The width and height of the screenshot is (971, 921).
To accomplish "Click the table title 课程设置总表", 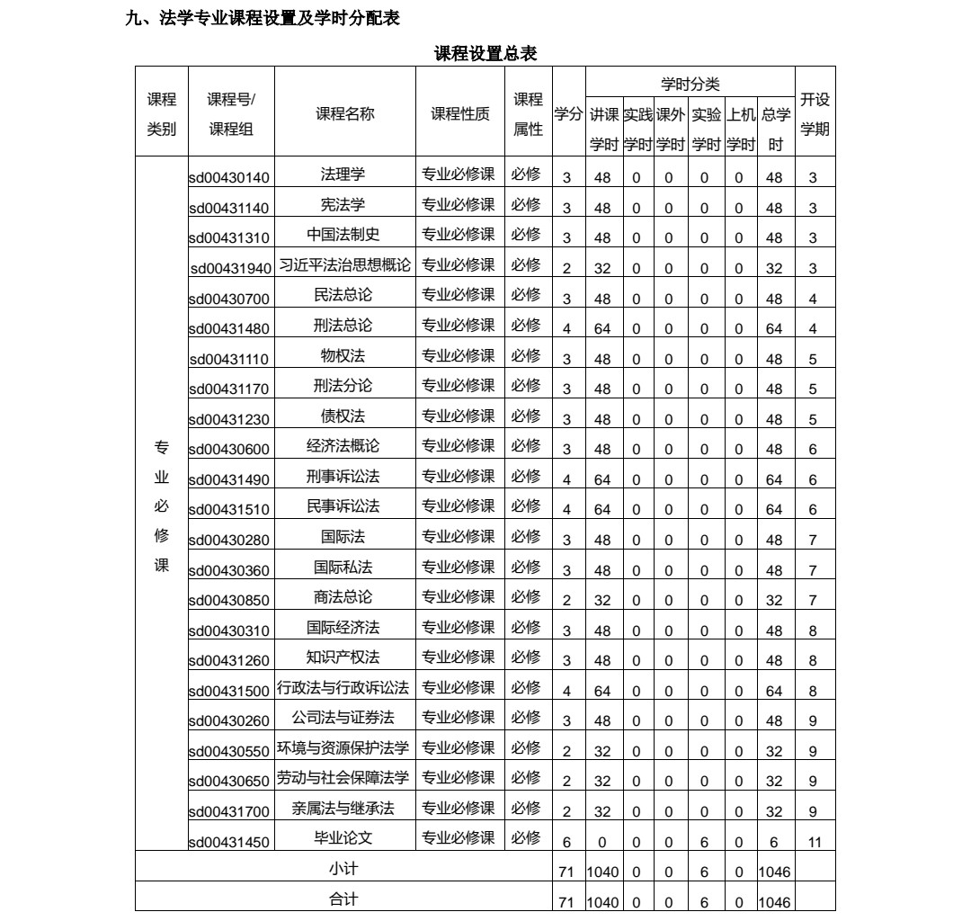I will click(x=485, y=54).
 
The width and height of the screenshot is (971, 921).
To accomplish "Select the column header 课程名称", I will click(x=344, y=114).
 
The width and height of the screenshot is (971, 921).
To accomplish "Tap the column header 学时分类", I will click(x=690, y=85).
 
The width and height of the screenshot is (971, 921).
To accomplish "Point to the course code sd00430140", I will click(x=229, y=178).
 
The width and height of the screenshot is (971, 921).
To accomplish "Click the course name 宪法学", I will click(x=343, y=204).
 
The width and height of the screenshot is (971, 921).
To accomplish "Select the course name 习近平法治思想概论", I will click(x=344, y=265).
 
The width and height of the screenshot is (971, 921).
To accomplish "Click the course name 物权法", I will click(x=343, y=355).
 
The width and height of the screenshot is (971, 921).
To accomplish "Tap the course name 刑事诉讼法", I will click(x=343, y=476).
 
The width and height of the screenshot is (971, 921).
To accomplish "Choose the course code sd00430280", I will click(x=229, y=541).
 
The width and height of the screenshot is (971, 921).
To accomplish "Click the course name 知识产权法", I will click(x=343, y=657).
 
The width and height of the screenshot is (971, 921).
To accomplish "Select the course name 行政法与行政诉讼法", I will click(x=343, y=688).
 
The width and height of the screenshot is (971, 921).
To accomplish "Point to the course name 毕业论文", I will click(x=343, y=838).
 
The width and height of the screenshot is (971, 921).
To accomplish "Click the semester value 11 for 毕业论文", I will click(x=814, y=843).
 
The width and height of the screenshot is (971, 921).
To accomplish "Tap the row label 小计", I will click(x=343, y=869).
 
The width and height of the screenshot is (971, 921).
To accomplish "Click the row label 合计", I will click(x=343, y=899).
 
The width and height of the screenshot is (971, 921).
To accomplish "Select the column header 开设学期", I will click(x=815, y=114).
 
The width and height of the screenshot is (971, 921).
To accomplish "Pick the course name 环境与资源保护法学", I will click(x=343, y=748).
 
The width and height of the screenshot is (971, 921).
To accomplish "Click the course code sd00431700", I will click(x=229, y=812).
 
